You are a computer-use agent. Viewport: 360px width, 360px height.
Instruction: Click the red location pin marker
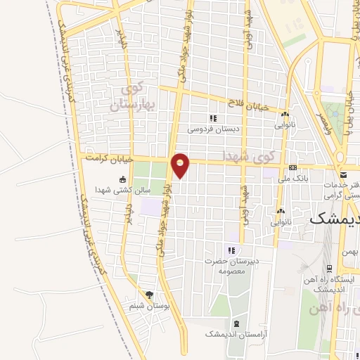pyautogui.click(x=181, y=165)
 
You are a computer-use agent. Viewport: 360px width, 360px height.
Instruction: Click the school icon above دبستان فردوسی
pyautogui.click(x=214, y=118)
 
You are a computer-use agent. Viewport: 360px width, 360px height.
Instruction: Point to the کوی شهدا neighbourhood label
pyautogui.click(x=241, y=153)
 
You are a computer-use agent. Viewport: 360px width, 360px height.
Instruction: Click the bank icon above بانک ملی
pyautogui.click(x=292, y=167)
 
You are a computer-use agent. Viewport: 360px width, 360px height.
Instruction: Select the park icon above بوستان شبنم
pyautogui.click(x=148, y=295)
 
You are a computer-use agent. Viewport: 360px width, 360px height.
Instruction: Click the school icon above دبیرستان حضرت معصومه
pyautogui.click(x=231, y=250)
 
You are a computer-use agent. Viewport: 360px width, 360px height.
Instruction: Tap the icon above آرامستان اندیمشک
pyautogui.click(x=236, y=323)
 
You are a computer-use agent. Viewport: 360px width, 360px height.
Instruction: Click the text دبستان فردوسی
pyautogui.click(x=214, y=129)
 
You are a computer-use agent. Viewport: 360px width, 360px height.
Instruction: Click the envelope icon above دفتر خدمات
pyautogui.click(x=343, y=174)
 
